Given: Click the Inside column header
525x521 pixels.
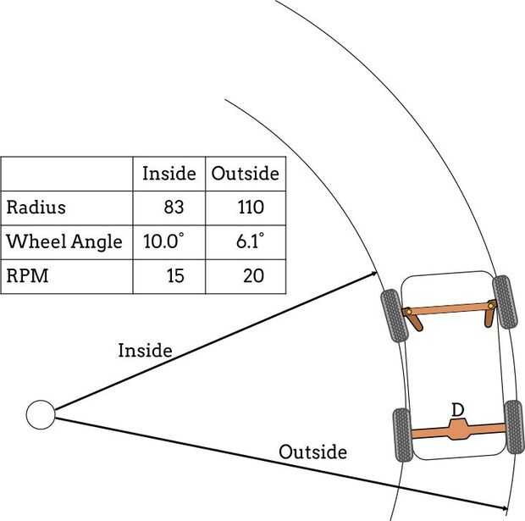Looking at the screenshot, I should (x=169, y=174).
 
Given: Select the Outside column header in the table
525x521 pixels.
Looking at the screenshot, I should (x=245, y=174).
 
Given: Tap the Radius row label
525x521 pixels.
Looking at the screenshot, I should (x=36, y=208).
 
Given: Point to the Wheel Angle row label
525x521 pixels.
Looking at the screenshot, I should (x=64, y=241).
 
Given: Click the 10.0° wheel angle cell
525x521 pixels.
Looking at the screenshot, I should (x=163, y=241).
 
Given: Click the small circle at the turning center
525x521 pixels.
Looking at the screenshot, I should (x=40, y=415).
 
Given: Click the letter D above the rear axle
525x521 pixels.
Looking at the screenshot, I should (x=457, y=410).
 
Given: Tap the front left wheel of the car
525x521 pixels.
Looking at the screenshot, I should (x=393, y=316).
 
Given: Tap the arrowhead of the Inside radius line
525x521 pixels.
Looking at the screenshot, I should (x=373, y=274).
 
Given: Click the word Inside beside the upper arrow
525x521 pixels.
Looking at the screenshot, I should (x=145, y=349).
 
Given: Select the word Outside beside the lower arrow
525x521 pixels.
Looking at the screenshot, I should (x=312, y=452).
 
